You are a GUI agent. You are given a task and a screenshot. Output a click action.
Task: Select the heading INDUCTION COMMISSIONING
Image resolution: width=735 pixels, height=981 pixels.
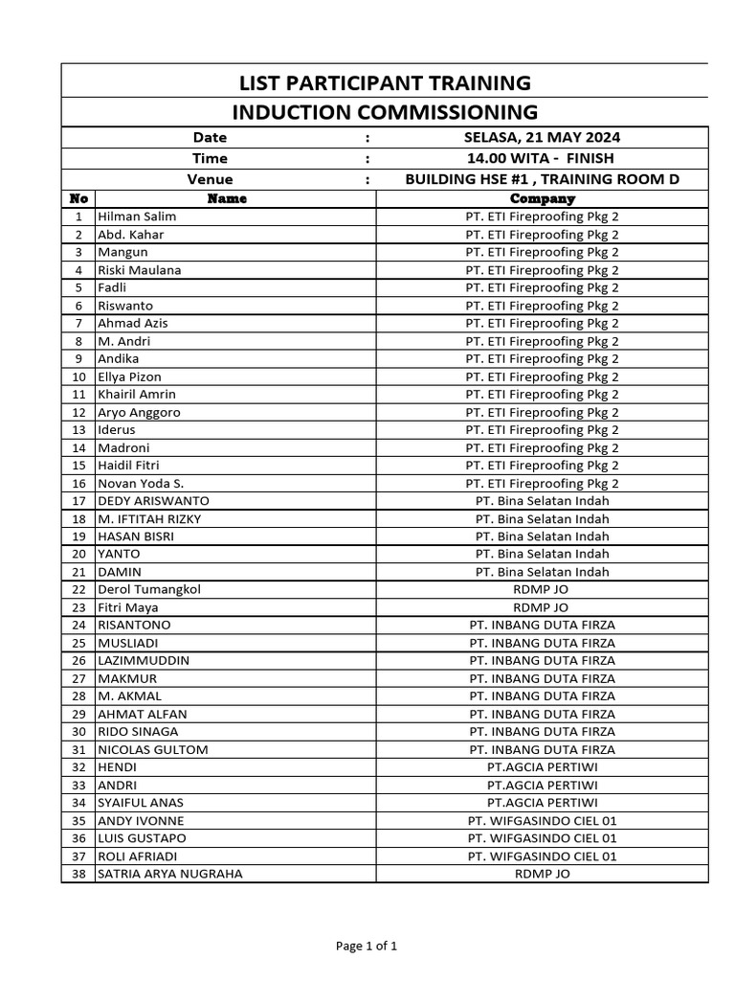(385, 112)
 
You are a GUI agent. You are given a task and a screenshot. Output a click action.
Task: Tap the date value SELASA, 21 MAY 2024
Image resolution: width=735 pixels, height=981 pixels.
(542, 138)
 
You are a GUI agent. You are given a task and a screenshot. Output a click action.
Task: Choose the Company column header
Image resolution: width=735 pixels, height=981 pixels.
(542, 198)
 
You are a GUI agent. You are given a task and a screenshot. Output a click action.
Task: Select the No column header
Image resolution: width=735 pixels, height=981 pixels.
(78, 198)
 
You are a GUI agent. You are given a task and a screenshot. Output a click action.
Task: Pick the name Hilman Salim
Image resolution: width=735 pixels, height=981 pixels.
(137, 217)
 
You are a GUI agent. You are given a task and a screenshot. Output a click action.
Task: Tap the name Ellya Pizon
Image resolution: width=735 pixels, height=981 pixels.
(130, 376)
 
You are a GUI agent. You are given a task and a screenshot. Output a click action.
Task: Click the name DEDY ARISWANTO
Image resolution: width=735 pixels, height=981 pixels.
(153, 501)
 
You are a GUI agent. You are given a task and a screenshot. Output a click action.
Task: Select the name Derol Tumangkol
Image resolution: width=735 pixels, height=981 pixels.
(149, 589)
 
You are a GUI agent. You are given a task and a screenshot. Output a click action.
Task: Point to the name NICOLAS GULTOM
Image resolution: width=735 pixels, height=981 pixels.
(152, 749)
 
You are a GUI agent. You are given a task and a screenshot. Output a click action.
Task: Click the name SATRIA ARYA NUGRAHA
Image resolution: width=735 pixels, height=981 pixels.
(170, 874)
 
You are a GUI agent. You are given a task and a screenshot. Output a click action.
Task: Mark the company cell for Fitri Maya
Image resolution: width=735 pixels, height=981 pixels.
(542, 607)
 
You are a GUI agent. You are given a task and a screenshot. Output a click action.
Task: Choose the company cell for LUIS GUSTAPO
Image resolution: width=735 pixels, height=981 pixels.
(542, 838)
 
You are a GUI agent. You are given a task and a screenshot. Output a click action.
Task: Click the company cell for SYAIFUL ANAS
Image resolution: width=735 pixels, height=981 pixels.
(542, 803)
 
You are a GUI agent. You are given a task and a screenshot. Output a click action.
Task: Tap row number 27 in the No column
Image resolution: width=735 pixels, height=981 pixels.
(78, 678)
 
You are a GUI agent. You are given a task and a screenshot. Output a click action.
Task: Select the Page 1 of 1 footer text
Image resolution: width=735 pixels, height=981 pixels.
(367, 946)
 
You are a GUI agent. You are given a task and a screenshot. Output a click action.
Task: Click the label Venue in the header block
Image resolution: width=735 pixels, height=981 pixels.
(210, 179)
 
